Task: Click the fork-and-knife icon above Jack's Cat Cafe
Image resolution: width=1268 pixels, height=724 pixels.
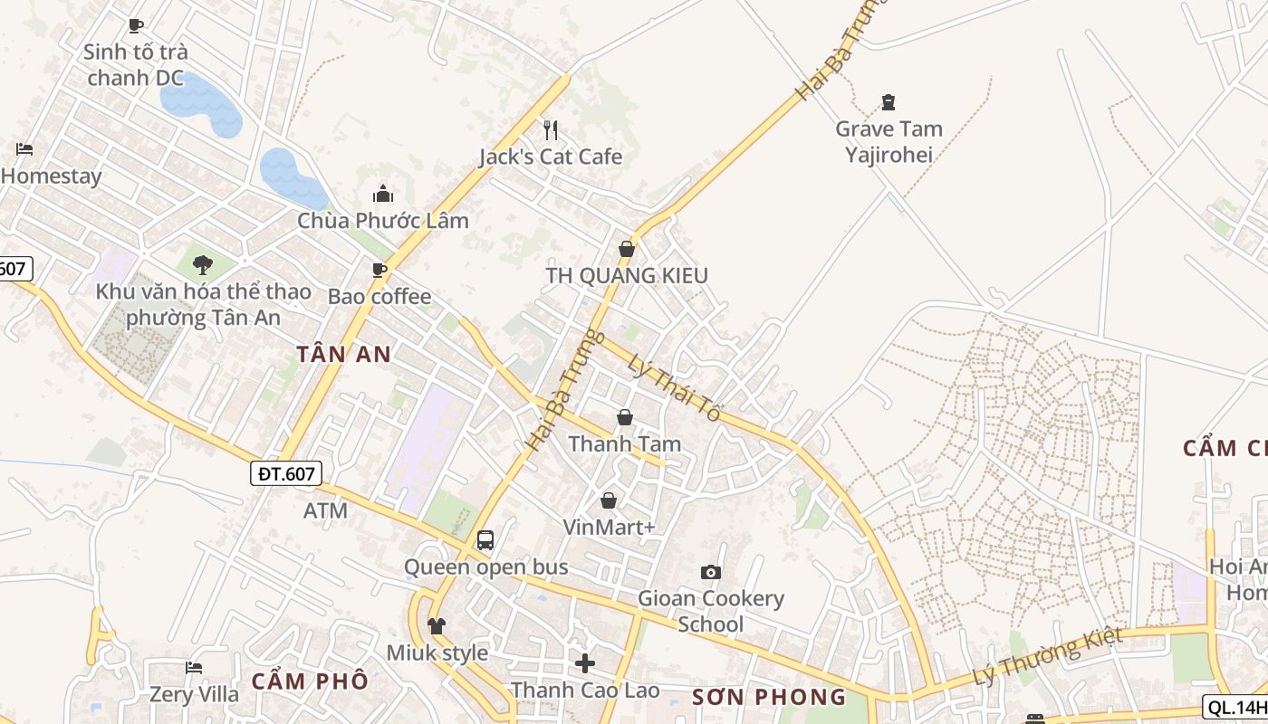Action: (x=550, y=130)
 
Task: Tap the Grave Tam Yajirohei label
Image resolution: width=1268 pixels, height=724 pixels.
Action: (x=889, y=142)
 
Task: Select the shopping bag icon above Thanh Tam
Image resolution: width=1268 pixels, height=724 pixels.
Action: (x=625, y=417)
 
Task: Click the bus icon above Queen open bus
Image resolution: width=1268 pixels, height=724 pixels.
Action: (x=485, y=540)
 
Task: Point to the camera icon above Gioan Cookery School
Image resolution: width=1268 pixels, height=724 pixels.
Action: (x=711, y=572)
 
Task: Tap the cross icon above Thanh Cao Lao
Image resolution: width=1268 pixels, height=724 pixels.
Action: (x=585, y=663)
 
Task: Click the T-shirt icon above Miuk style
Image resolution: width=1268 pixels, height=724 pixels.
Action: (x=437, y=625)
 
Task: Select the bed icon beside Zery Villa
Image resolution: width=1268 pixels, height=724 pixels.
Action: (x=194, y=668)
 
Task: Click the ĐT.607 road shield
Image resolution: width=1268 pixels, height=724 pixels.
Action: (x=286, y=472)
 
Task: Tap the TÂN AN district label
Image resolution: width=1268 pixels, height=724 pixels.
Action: (x=344, y=354)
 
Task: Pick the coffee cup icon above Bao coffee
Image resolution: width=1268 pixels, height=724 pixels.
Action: (x=379, y=270)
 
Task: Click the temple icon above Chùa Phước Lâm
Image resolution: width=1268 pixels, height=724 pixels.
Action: (x=383, y=194)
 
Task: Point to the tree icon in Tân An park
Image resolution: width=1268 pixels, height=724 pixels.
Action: (x=203, y=264)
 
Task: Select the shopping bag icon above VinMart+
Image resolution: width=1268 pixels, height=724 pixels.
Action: (x=609, y=500)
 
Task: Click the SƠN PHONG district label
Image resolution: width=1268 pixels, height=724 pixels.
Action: (x=769, y=697)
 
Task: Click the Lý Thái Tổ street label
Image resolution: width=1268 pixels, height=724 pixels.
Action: (x=674, y=387)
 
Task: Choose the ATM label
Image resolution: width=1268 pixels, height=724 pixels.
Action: (x=325, y=510)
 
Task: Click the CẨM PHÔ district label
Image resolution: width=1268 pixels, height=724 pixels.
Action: (x=310, y=681)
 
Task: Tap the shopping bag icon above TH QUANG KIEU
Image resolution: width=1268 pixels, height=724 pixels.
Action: (x=626, y=249)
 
